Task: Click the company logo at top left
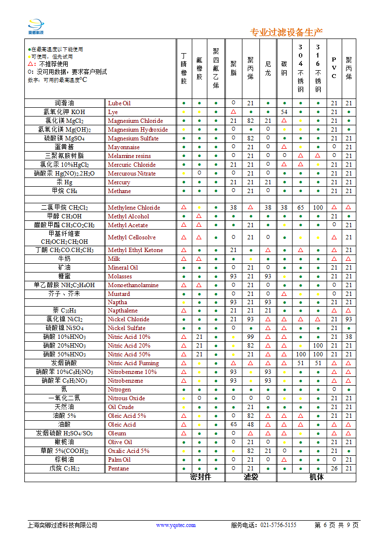pos(36,26)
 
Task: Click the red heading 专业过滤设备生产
pos(286,33)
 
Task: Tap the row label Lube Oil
pos(119,103)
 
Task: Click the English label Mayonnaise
pos(124,147)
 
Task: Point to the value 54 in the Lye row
pos(284,112)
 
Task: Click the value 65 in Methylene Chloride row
pos(301,208)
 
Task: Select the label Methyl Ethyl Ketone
pos(135,250)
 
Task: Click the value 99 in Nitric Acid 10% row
pos(251,337)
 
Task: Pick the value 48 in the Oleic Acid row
pos(251,425)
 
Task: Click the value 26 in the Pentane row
pos(334,469)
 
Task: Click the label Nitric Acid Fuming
pos(133,363)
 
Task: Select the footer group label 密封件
pos(201,477)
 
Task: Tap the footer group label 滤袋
pos(251,477)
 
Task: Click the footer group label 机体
pos(316,477)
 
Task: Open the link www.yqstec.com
pos(176,525)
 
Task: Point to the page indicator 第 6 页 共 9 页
pos(336,525)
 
